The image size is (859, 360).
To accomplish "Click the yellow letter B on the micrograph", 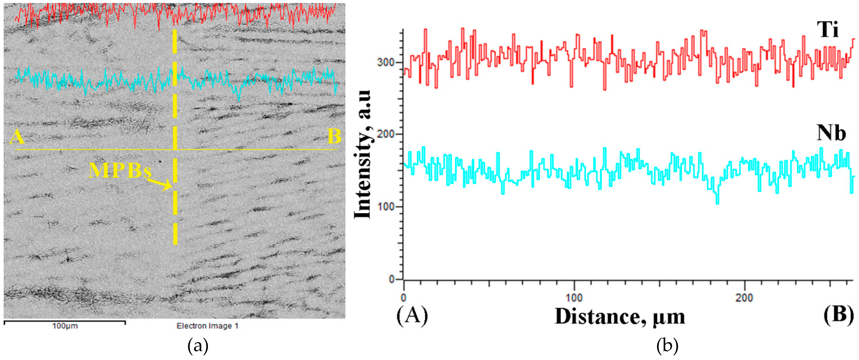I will tap(334, 137).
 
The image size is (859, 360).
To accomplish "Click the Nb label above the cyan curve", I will tap(831, 133).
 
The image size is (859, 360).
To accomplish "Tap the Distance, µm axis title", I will tap(620, 316).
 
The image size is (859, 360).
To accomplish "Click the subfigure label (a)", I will tap(198, 347).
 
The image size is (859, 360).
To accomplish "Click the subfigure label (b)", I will tap(667, 347).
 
